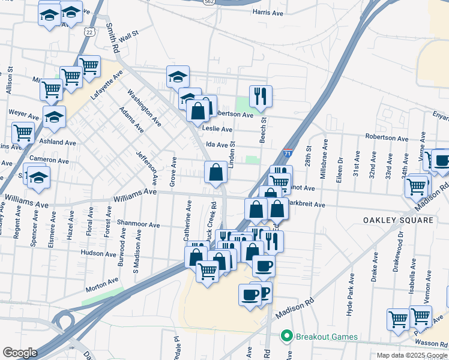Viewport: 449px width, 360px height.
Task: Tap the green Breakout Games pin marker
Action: pos(287,336)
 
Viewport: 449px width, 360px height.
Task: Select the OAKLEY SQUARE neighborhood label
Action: pos(398,220)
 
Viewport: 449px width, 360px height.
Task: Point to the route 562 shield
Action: pos(208,2)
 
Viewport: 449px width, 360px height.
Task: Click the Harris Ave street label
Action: pos(268,12)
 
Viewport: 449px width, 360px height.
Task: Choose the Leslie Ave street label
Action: pos(217,129)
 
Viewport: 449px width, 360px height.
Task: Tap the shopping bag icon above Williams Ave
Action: pos(215,172)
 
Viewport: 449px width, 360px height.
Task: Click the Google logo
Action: pos(20,353)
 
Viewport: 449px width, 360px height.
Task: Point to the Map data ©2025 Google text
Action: pos(412,355)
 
